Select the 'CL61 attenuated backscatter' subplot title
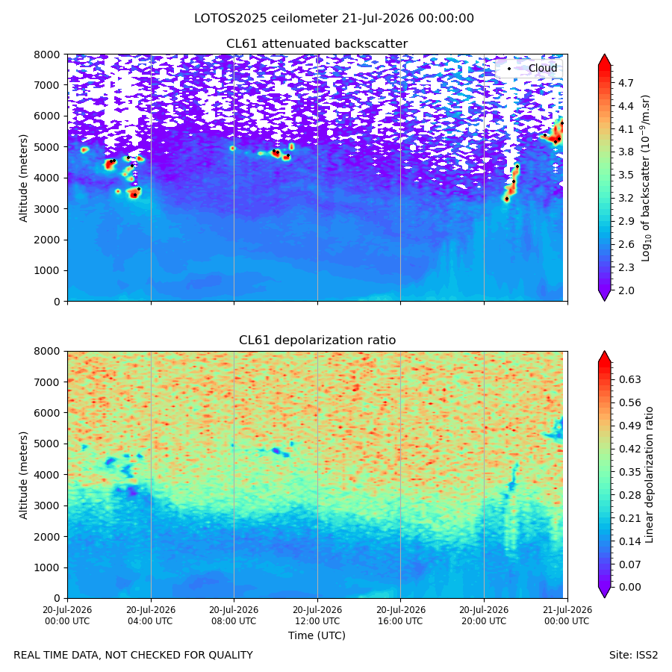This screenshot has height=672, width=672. [317, 44]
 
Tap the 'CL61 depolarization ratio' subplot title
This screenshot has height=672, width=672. [317, 340]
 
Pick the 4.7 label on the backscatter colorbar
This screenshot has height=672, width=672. [626, 83]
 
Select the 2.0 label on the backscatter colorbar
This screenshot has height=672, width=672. [626, 290]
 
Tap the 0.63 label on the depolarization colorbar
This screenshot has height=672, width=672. [630, 380]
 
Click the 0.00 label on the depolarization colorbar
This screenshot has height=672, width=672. [630, 587]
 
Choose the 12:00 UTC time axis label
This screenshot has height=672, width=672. [317, 615]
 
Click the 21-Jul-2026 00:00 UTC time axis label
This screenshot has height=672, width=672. [568, 615]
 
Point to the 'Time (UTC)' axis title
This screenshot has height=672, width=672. [317, 635]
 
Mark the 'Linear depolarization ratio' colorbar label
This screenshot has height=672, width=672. [649, 475]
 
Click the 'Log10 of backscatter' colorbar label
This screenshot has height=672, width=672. [646, 178]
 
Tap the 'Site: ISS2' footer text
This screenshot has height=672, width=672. [633, 655]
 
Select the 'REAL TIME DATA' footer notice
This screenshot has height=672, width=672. [134, 655]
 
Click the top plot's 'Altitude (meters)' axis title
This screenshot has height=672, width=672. [23, 178]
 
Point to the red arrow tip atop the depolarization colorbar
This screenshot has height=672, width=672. [604, 352]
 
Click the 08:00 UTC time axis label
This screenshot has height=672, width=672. [234, 615]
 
